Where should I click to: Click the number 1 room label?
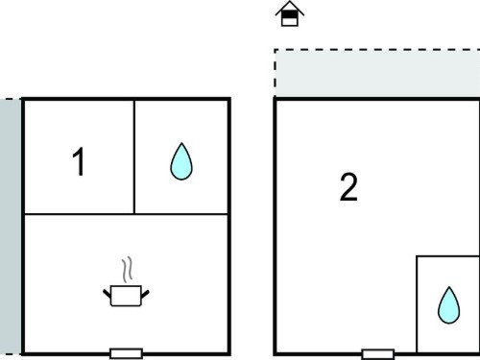[x=79, y=161]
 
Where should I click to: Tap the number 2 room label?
[x=348, y=187]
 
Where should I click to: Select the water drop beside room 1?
[x=181, y=161]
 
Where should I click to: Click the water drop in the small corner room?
[x=448, y=305]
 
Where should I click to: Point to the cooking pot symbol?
[x=126, y=296]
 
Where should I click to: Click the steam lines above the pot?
[x=127, y=270]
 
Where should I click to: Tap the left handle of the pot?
[x=107, y=294]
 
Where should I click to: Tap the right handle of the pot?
[x=145, y=294]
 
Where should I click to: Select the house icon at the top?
[x=290, y=13]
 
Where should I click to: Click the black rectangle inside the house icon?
[x=290, y=14]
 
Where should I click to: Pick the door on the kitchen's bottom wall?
[x=126, y=353]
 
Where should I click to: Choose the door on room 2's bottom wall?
[x=378, y=354]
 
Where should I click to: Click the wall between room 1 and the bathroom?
[x=134, y=156]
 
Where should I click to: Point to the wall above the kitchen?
[x=126, y=214]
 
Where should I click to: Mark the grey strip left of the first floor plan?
[x=11, y=227]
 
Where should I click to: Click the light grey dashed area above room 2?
[x=377, y=73]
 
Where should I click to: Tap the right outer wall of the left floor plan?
[x=229, y=227]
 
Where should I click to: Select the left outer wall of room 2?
[x=275, y=227]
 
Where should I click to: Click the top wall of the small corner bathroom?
[x=448, y=256]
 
